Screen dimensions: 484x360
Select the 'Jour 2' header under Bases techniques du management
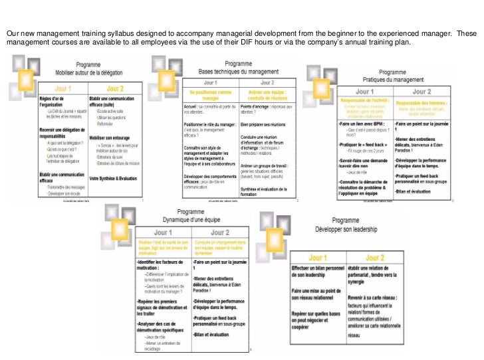(265, 82)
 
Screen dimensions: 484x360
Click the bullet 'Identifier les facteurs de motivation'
(163, 266)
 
